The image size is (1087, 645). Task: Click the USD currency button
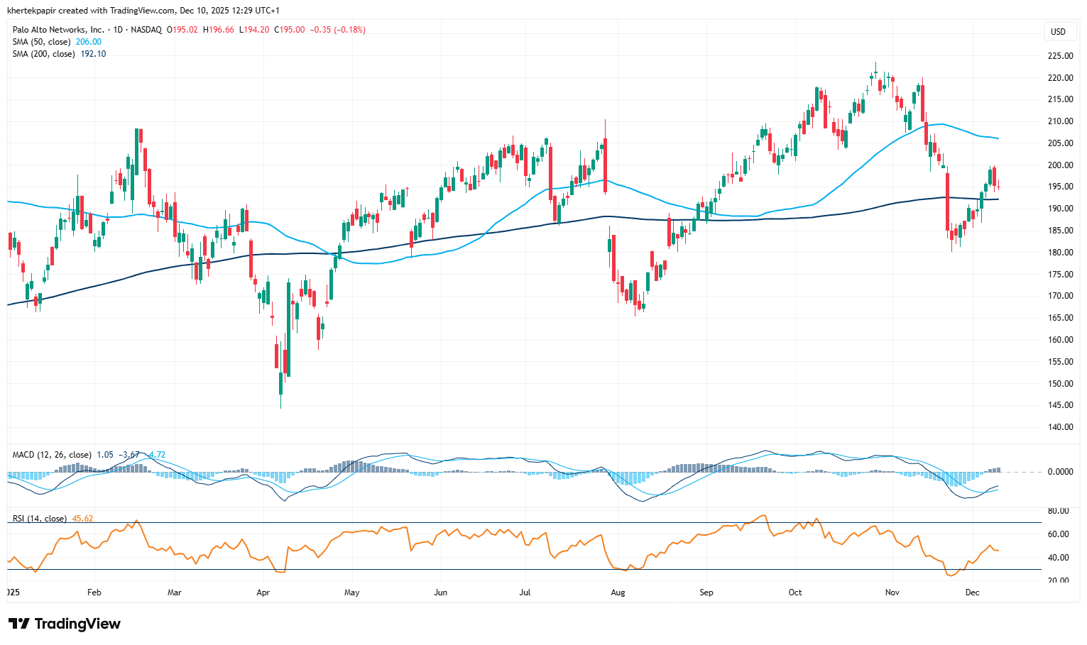(1058, 31)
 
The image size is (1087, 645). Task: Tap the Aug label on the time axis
(618, 592)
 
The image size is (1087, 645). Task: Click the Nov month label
(892, 592)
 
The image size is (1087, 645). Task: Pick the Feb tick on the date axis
(94, 592)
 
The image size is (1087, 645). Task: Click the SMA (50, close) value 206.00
(89, 42)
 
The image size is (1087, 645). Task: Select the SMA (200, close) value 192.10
(93, 54)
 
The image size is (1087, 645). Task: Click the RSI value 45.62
(82, 519)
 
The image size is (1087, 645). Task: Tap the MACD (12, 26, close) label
(52, 455)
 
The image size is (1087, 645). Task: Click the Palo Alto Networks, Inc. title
(58, 30)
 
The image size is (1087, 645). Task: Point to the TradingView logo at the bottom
(65, 624)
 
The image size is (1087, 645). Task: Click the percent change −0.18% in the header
(350, 30)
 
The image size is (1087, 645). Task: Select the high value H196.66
(219, 30)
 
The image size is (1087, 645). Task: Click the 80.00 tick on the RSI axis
(1058, 511)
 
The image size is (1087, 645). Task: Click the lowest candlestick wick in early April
(280, 406)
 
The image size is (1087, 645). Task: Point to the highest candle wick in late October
(875, 64)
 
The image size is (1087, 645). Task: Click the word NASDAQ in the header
(146, 30)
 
